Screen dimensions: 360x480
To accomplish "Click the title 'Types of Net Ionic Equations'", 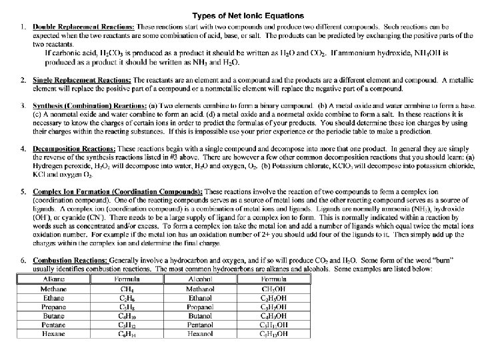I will coord(248,15).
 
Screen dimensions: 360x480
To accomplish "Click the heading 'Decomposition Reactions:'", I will coord(73,147).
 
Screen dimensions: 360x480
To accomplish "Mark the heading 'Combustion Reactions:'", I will coord(71,259).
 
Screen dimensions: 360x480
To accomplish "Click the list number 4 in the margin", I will coord(23,147).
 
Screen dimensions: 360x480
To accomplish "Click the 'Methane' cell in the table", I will coord(53,289).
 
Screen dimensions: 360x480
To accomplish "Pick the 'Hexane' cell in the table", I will coord(53,333).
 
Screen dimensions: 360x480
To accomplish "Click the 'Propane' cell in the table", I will coord(53,307).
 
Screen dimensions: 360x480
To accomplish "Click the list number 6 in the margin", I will coord(23,259).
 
